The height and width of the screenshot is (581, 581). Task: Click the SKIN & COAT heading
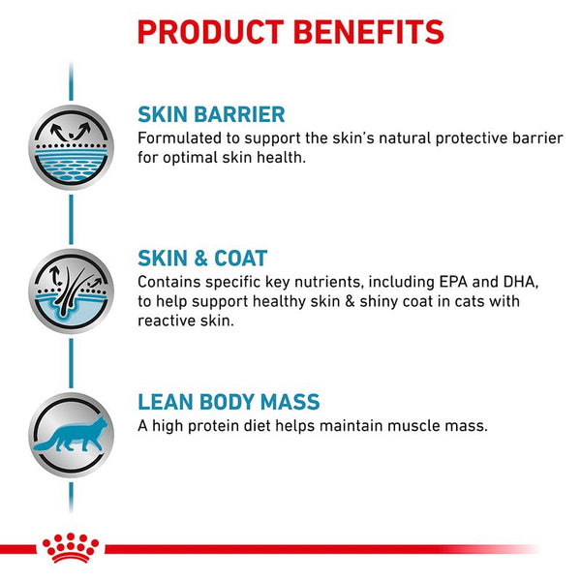[202, 259]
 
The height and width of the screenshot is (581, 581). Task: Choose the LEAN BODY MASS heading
[229, 402]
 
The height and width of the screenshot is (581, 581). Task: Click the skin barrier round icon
[71, 146]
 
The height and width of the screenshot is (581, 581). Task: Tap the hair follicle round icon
[71, 290]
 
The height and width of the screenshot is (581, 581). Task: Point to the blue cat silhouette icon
[70, 432]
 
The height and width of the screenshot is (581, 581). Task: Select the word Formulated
[180, 138]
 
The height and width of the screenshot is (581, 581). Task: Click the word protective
[456, 138]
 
